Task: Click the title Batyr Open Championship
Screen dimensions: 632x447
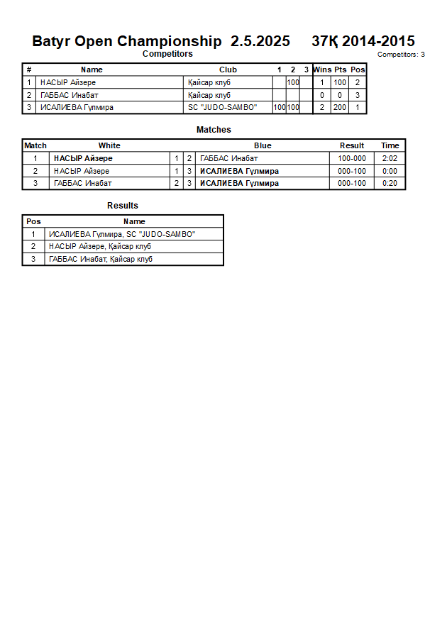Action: [x=126, y=41]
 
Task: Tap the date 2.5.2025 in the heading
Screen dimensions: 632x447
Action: [x=260, y=41]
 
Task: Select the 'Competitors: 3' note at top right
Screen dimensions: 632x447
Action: [x=401, y=55]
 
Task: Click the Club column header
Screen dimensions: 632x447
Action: [x=228, y=70]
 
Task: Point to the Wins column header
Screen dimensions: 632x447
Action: [x=322, y=70]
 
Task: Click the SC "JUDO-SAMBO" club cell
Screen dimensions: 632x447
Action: [x=222, y=108]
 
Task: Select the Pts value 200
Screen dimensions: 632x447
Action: [x=340, y=108]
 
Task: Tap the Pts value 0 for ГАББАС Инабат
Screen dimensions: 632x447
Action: [x=340, y=95]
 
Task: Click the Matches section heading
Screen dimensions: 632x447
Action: [x=214, y=130]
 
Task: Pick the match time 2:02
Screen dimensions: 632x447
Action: [x=390, y=159]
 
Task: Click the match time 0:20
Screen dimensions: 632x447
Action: [x=390, y=184]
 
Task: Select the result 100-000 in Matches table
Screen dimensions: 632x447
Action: [x=352, y=159]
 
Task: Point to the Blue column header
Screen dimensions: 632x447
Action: [x=263, y=145]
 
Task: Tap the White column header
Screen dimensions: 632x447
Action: [x=109, y=145]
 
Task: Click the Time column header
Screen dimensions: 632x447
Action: [x=390, y=145]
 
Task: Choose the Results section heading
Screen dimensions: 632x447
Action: [x=123, y=206]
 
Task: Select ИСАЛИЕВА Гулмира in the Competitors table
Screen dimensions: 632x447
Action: [x=77, y=108]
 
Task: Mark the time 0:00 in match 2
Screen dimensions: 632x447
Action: [x=390, y=172]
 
